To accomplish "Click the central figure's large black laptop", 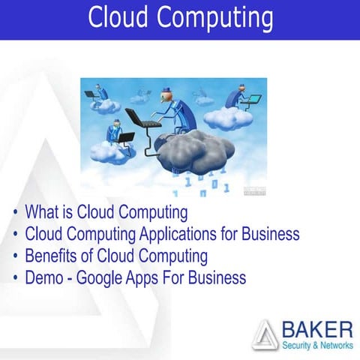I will click(x=139, y=119).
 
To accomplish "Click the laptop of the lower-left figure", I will click(x=125, y=138).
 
